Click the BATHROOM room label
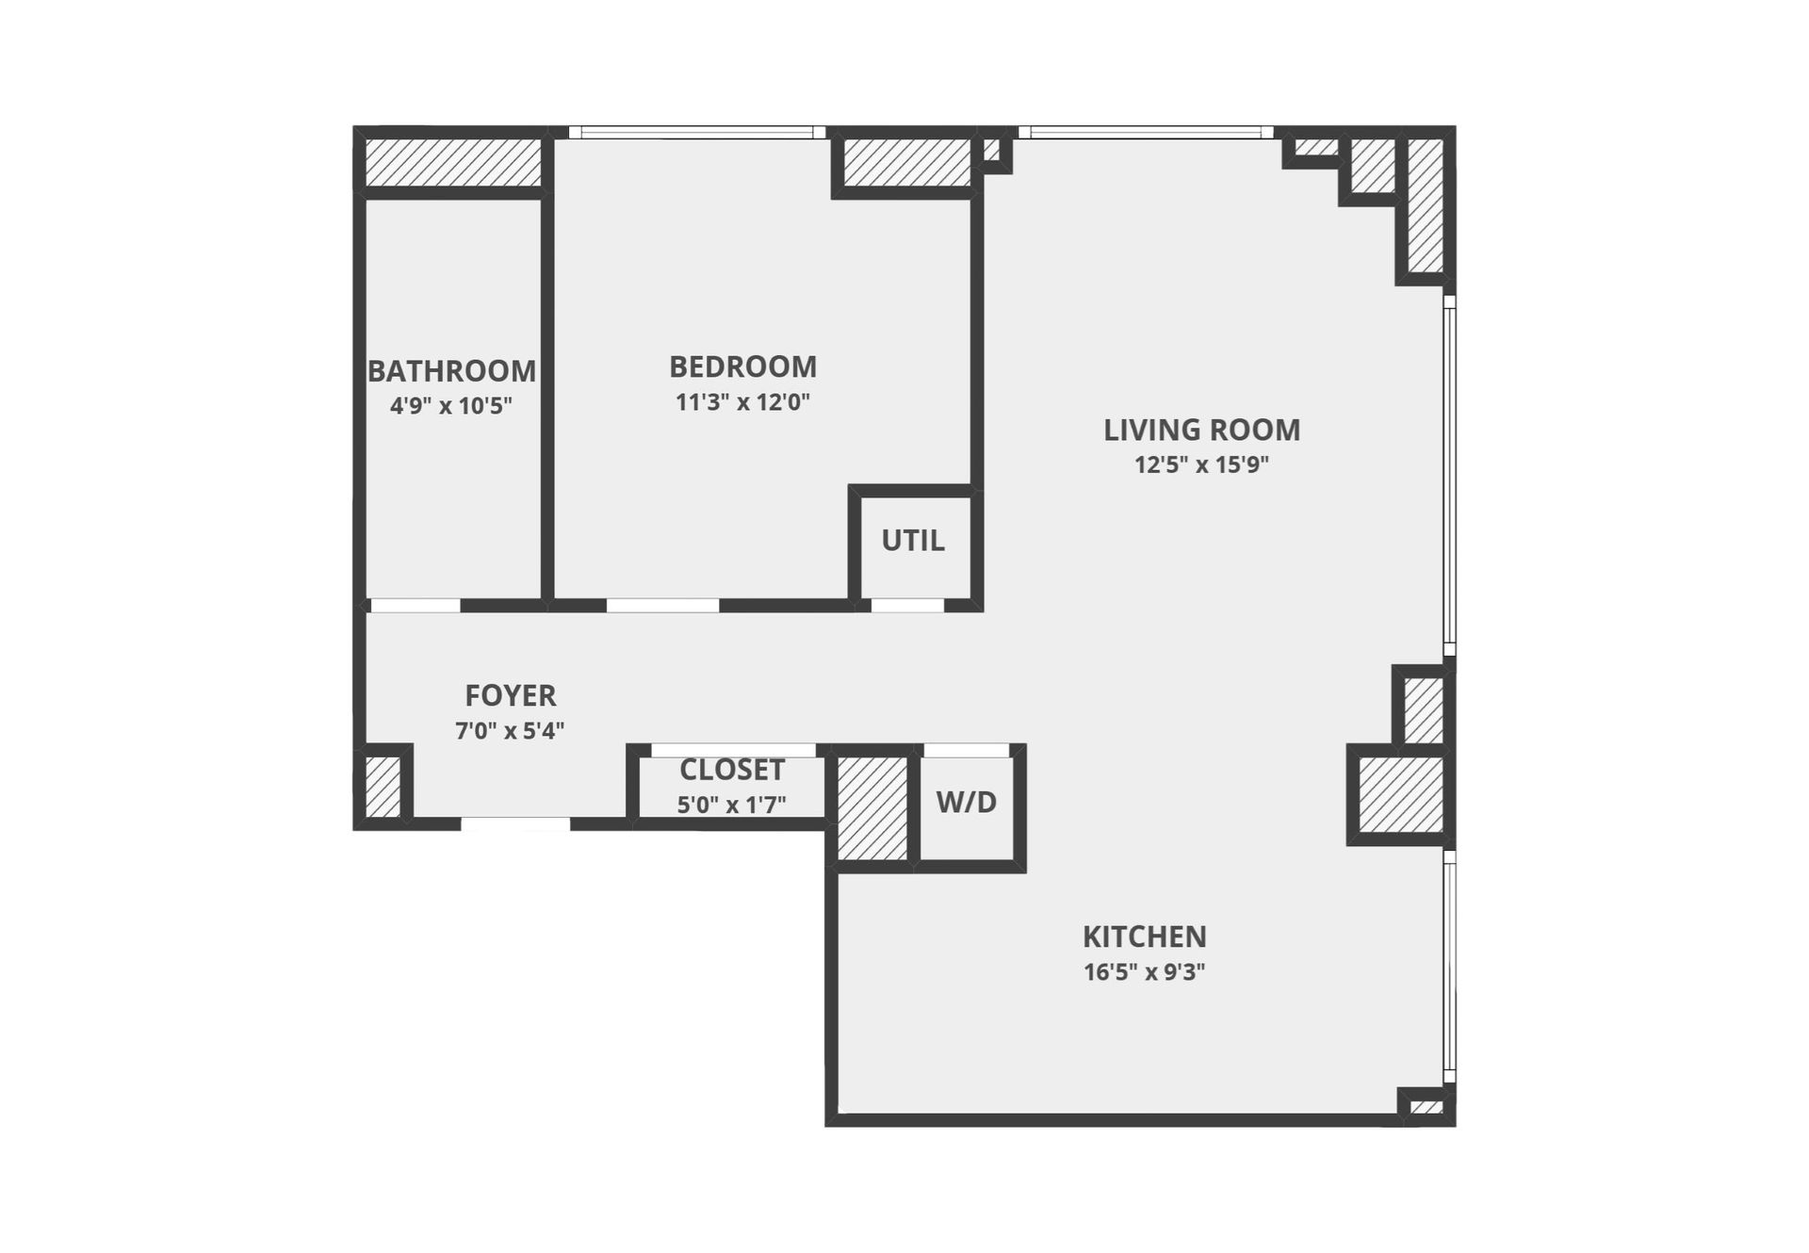click(451, 371)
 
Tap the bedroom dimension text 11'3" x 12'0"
click(742, 402)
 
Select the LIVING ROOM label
click(1201, 430)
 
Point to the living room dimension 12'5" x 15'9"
click(1201, 464)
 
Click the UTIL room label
click(912, 541)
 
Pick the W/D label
click(966, 803)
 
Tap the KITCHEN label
click(1144, 936)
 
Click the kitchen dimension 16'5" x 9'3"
click(1144, 971)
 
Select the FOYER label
click(510, 695)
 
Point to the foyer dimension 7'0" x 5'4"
click(510, 730)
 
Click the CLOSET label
click(731, 770)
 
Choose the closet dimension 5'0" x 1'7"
click(731, 805)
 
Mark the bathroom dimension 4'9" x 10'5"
click(451, 406)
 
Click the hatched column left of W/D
click(872, 807)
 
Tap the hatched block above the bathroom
click(452, 162)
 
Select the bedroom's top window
click(697, 133)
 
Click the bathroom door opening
click(415, 606)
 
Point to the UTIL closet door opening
click(907, 606)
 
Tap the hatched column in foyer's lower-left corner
click(383, 786)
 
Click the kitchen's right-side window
click(1450, 966)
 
